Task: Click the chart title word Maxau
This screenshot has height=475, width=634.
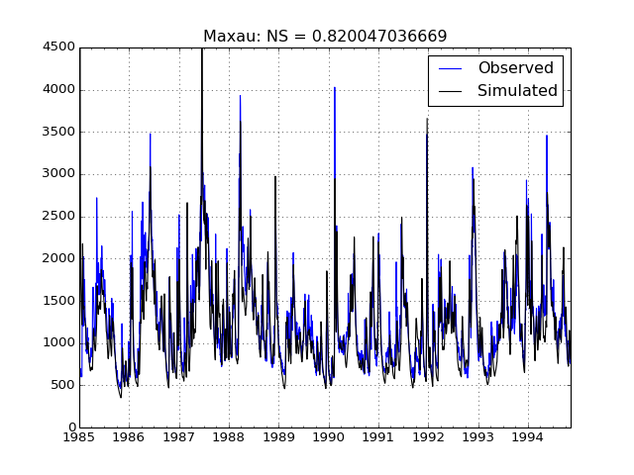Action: tap(226, 37)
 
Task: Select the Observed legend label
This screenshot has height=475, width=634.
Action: tap(515, 68)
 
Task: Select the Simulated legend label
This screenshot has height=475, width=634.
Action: tap(517, 91)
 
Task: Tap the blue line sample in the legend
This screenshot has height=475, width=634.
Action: tap(450, 68)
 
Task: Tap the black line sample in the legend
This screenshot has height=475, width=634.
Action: tap(450, 91)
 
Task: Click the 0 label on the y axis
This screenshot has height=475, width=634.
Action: tap(70, 427)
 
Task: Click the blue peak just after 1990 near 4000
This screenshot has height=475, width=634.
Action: tap(335, 89)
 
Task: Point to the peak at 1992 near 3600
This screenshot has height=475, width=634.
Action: tap(428, 121)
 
